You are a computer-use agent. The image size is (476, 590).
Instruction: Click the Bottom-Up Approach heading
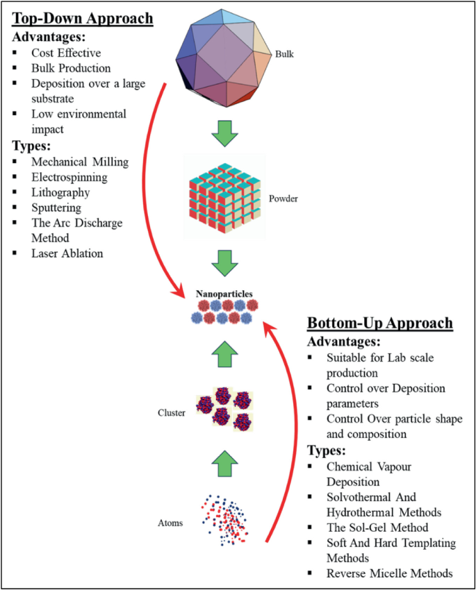[380, 323]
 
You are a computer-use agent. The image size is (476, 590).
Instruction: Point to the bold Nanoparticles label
[224, 294]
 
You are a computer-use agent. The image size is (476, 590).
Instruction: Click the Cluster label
[172, 413]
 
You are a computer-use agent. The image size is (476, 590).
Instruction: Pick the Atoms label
[170, 523]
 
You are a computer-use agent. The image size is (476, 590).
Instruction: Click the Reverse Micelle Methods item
[389, 573]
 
